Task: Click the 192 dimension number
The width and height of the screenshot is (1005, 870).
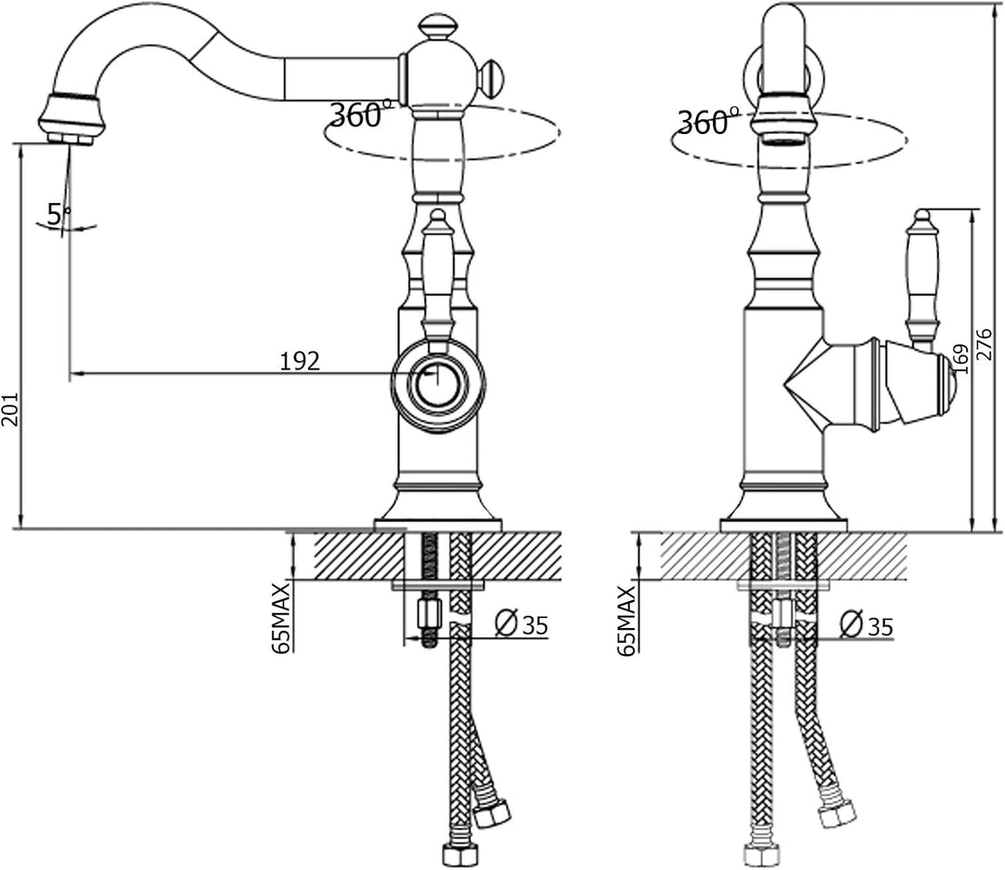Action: (x=300, y=362)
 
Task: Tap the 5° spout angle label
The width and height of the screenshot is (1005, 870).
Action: (x=59, y=213)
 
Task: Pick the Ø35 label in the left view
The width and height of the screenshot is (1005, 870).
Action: (x=522, y=623)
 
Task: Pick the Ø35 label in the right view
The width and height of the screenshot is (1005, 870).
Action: (x=866, y=624)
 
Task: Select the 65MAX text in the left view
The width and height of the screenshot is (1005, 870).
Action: (x=281, y=618)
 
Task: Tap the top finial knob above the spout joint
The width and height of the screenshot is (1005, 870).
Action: (x=437, y=30)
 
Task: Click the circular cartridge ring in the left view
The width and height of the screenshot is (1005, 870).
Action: (x=438, y=382)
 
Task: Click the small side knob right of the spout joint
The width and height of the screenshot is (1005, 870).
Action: (x=491, y=77)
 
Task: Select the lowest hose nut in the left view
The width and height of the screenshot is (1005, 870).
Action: (x=461, y=854)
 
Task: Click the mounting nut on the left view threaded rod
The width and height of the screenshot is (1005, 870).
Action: (x=428, y=613)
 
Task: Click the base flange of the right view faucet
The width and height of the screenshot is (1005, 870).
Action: (x=784, y=525)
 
